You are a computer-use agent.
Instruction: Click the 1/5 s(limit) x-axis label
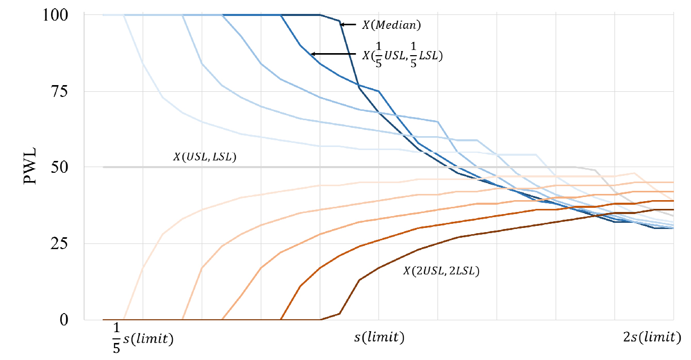[x=142, y=339]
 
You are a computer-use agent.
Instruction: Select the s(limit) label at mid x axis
[x=379, y=338]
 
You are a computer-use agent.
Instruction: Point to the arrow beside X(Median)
[x=349, y=24]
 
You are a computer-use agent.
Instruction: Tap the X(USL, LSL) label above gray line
[x=205, y=157]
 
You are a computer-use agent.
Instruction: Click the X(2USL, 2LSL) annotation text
[x=441, y=271]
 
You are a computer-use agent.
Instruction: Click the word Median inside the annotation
[x=397, y=24]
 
